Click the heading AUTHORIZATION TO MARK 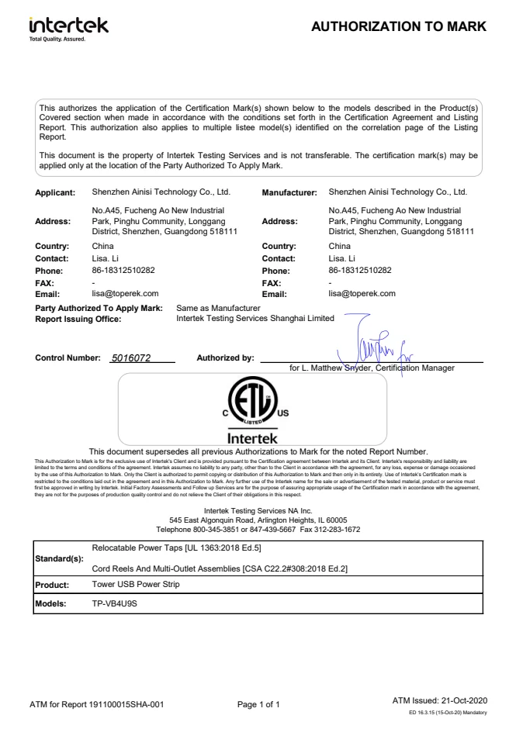(398, 27)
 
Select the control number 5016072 (131, 358)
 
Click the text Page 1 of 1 (258, 705)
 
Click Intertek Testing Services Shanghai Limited (255, 318)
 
